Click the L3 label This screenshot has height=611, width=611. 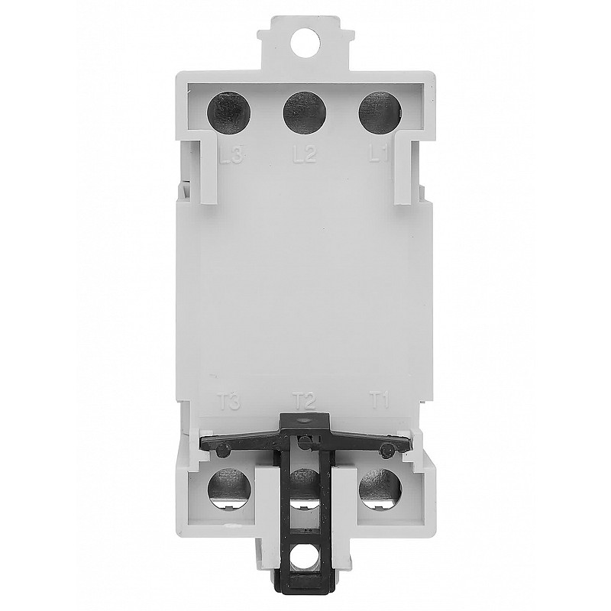231,156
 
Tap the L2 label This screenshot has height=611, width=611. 304,155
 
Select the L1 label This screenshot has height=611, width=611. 379,155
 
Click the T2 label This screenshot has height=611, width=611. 304,401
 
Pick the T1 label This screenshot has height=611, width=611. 379,401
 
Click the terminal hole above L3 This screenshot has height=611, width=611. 230,113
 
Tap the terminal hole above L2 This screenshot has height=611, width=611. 305,113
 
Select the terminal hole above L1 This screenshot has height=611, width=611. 380,113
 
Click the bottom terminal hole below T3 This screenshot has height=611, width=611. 230,490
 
